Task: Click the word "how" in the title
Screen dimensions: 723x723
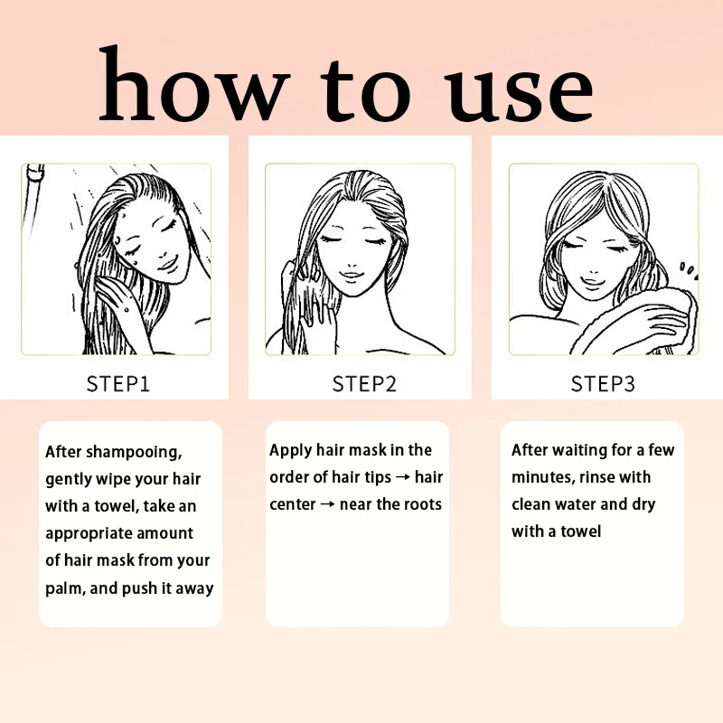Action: pos(194,84)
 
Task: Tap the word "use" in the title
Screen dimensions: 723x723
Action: pos(518,95)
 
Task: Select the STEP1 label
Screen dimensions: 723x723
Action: pos(118,383)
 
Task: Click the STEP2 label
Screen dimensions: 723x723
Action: pos(364,383)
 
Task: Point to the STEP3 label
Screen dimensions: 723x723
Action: pos(603,383)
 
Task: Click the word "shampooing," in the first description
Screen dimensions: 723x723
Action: pos(134,453)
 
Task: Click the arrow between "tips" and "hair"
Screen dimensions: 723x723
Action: pos(403,477)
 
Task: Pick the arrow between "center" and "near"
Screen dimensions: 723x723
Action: pos(327,504)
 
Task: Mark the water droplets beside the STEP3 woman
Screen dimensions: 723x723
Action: pos(689,270)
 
